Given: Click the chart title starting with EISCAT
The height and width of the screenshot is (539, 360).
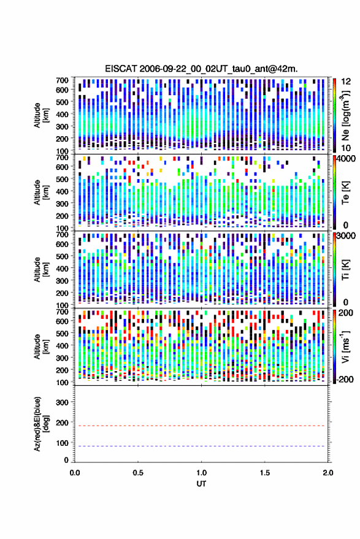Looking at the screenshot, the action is tap(201, 69).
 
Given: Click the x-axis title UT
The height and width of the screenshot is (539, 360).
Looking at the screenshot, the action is tap(201, 484).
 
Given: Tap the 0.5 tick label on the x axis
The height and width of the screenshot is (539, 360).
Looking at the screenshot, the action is tap(138, 473).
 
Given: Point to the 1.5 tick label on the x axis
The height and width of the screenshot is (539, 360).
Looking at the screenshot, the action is tap(265, 473).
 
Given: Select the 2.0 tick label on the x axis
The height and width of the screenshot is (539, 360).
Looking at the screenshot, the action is tap(327, 473).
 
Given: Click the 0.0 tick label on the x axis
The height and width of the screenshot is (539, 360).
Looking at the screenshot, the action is tap(75, 473).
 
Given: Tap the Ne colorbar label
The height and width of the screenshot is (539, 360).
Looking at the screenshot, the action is tap(345, 115).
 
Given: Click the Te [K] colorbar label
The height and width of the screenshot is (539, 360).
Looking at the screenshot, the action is tap(345, 193).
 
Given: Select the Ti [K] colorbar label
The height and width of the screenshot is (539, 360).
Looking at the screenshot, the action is tap(345, 270).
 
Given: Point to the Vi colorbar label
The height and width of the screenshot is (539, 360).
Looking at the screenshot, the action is tap(345, 346).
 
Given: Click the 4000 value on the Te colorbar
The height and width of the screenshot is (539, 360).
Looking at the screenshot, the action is tap(345, 159).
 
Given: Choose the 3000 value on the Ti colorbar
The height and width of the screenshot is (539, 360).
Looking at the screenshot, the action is tap(345, 236).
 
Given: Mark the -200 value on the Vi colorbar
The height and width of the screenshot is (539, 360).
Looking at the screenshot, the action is tap(345, 380).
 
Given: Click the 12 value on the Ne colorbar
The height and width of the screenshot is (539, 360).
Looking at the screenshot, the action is tap(346, 82).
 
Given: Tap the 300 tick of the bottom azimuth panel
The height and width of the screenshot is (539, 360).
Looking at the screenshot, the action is tap(62, 402).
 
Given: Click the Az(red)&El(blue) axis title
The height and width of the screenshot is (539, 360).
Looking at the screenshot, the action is tap(40, 424).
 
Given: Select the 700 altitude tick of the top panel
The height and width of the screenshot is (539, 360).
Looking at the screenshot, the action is tap(62, 80).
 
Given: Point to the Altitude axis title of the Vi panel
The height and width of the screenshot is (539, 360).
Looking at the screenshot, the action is tap(41, 346).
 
